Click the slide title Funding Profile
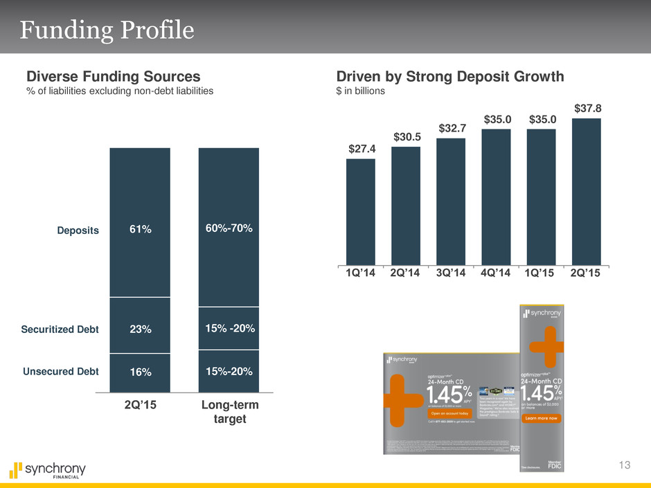pos(107,30)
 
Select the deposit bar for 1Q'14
pos(361,211)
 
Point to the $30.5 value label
pos(406,137)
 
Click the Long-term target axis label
pos(229,413)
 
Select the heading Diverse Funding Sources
pos(114,76)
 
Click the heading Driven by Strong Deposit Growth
pos(450,76)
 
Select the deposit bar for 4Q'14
pos(496,197)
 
